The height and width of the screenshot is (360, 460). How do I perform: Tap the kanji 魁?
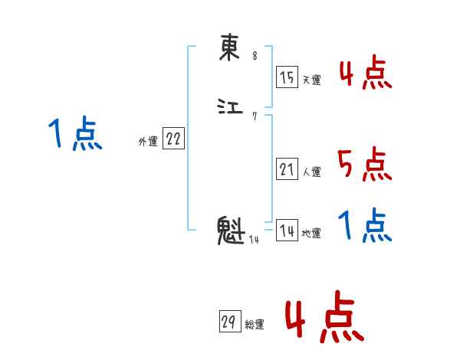(x=231, y=231)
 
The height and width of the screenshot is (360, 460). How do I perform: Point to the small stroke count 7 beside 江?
(x=255, y=116)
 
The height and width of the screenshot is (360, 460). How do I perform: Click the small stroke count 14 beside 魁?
(x=254, y=240)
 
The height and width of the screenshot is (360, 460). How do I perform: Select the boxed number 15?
(x=286, y=77)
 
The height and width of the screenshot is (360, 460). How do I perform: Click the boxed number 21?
(x=286, y=169)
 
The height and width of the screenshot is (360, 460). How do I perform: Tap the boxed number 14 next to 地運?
(x=286, y=231)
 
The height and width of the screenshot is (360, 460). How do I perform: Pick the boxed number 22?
(x=173, y=139)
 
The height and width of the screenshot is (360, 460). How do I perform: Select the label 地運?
(x=312, y=234)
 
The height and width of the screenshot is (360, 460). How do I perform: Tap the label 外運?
(x=148, y=142)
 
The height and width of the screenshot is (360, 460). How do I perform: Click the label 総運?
(x=255, y=325)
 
